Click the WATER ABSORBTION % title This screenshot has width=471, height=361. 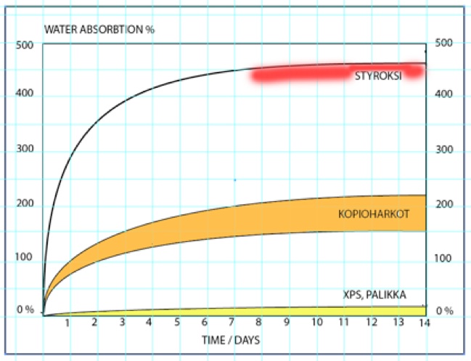pos(99,30)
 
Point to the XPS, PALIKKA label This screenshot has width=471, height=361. pos(374,295)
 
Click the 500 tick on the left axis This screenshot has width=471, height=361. pos(24,44)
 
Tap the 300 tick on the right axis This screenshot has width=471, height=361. pos(444,150)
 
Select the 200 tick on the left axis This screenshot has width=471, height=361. pos(24,204)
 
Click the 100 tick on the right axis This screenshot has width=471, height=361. pos(444,259)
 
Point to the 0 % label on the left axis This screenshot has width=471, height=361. pos(25,310)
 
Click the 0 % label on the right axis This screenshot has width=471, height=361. pos(445,311)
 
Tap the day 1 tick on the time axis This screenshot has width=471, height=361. pos(67,323)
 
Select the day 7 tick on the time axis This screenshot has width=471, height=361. pos(232,323)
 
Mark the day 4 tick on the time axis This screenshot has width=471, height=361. pos(149,323)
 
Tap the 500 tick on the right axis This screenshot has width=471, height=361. pos(444,43)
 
